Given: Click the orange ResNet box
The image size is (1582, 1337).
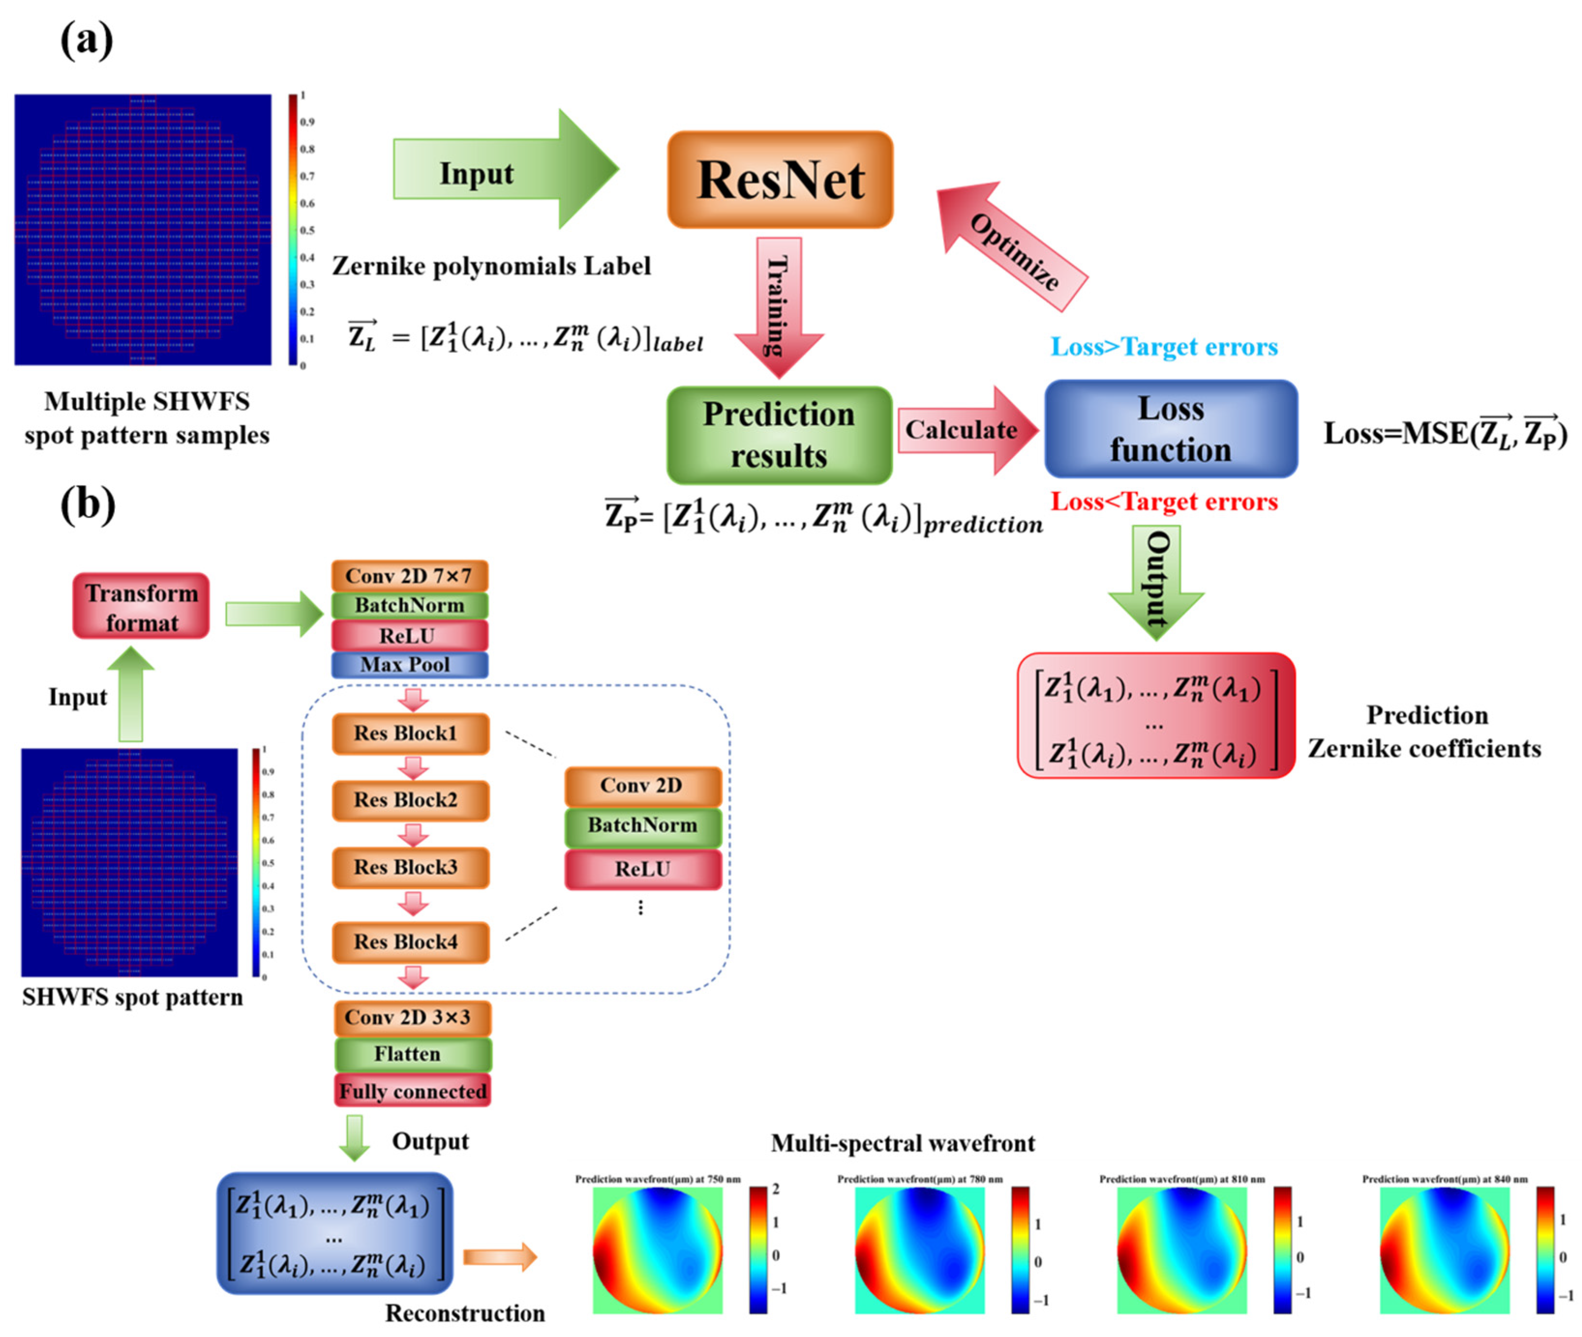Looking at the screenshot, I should tap(779, 179).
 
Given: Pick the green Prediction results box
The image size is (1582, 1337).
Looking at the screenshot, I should tap(778, 435).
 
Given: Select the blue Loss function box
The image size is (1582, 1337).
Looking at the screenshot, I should tap(1170, 429).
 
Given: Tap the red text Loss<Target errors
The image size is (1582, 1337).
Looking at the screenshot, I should tap(1163, 502).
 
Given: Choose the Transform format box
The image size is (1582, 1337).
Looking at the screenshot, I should tap(141, 607).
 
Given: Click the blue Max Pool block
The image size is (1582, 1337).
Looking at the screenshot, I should tap(409, 665).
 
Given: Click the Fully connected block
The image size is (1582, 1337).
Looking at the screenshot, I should tap(412, 1091).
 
